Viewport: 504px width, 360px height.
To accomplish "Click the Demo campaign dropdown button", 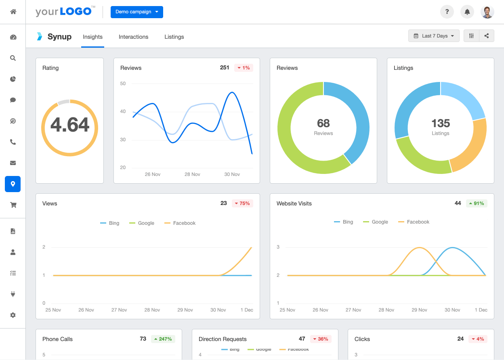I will coord(136,12).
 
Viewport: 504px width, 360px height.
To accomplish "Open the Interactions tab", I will coord(133,37).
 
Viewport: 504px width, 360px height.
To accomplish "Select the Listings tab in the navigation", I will coord(174,37).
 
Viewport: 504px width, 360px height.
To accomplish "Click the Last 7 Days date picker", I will coord(434,36).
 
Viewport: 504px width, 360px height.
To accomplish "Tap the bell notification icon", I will coord(467,12).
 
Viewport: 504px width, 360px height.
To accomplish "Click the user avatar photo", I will coord(487,12).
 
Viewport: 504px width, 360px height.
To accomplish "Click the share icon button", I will coord(487,36).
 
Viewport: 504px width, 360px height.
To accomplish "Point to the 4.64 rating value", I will coord(70,125).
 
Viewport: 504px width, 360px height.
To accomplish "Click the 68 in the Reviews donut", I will coord(323,123).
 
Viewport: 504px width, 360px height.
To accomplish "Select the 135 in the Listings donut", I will coord(440,123).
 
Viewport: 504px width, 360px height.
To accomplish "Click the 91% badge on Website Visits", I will coord(477,203).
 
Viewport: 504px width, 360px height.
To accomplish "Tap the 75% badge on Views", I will coord(242,203).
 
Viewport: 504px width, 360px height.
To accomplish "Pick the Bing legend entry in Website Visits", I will coord(344,222).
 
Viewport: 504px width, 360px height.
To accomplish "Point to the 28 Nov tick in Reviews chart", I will coord(192,174).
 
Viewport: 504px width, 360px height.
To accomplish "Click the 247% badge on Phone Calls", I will coord(162,339).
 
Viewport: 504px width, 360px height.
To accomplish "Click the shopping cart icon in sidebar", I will coord(13,205).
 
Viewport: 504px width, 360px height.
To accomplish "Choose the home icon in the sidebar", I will coord(13,12).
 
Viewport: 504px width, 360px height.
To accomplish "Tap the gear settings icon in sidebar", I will coord(13,315).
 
